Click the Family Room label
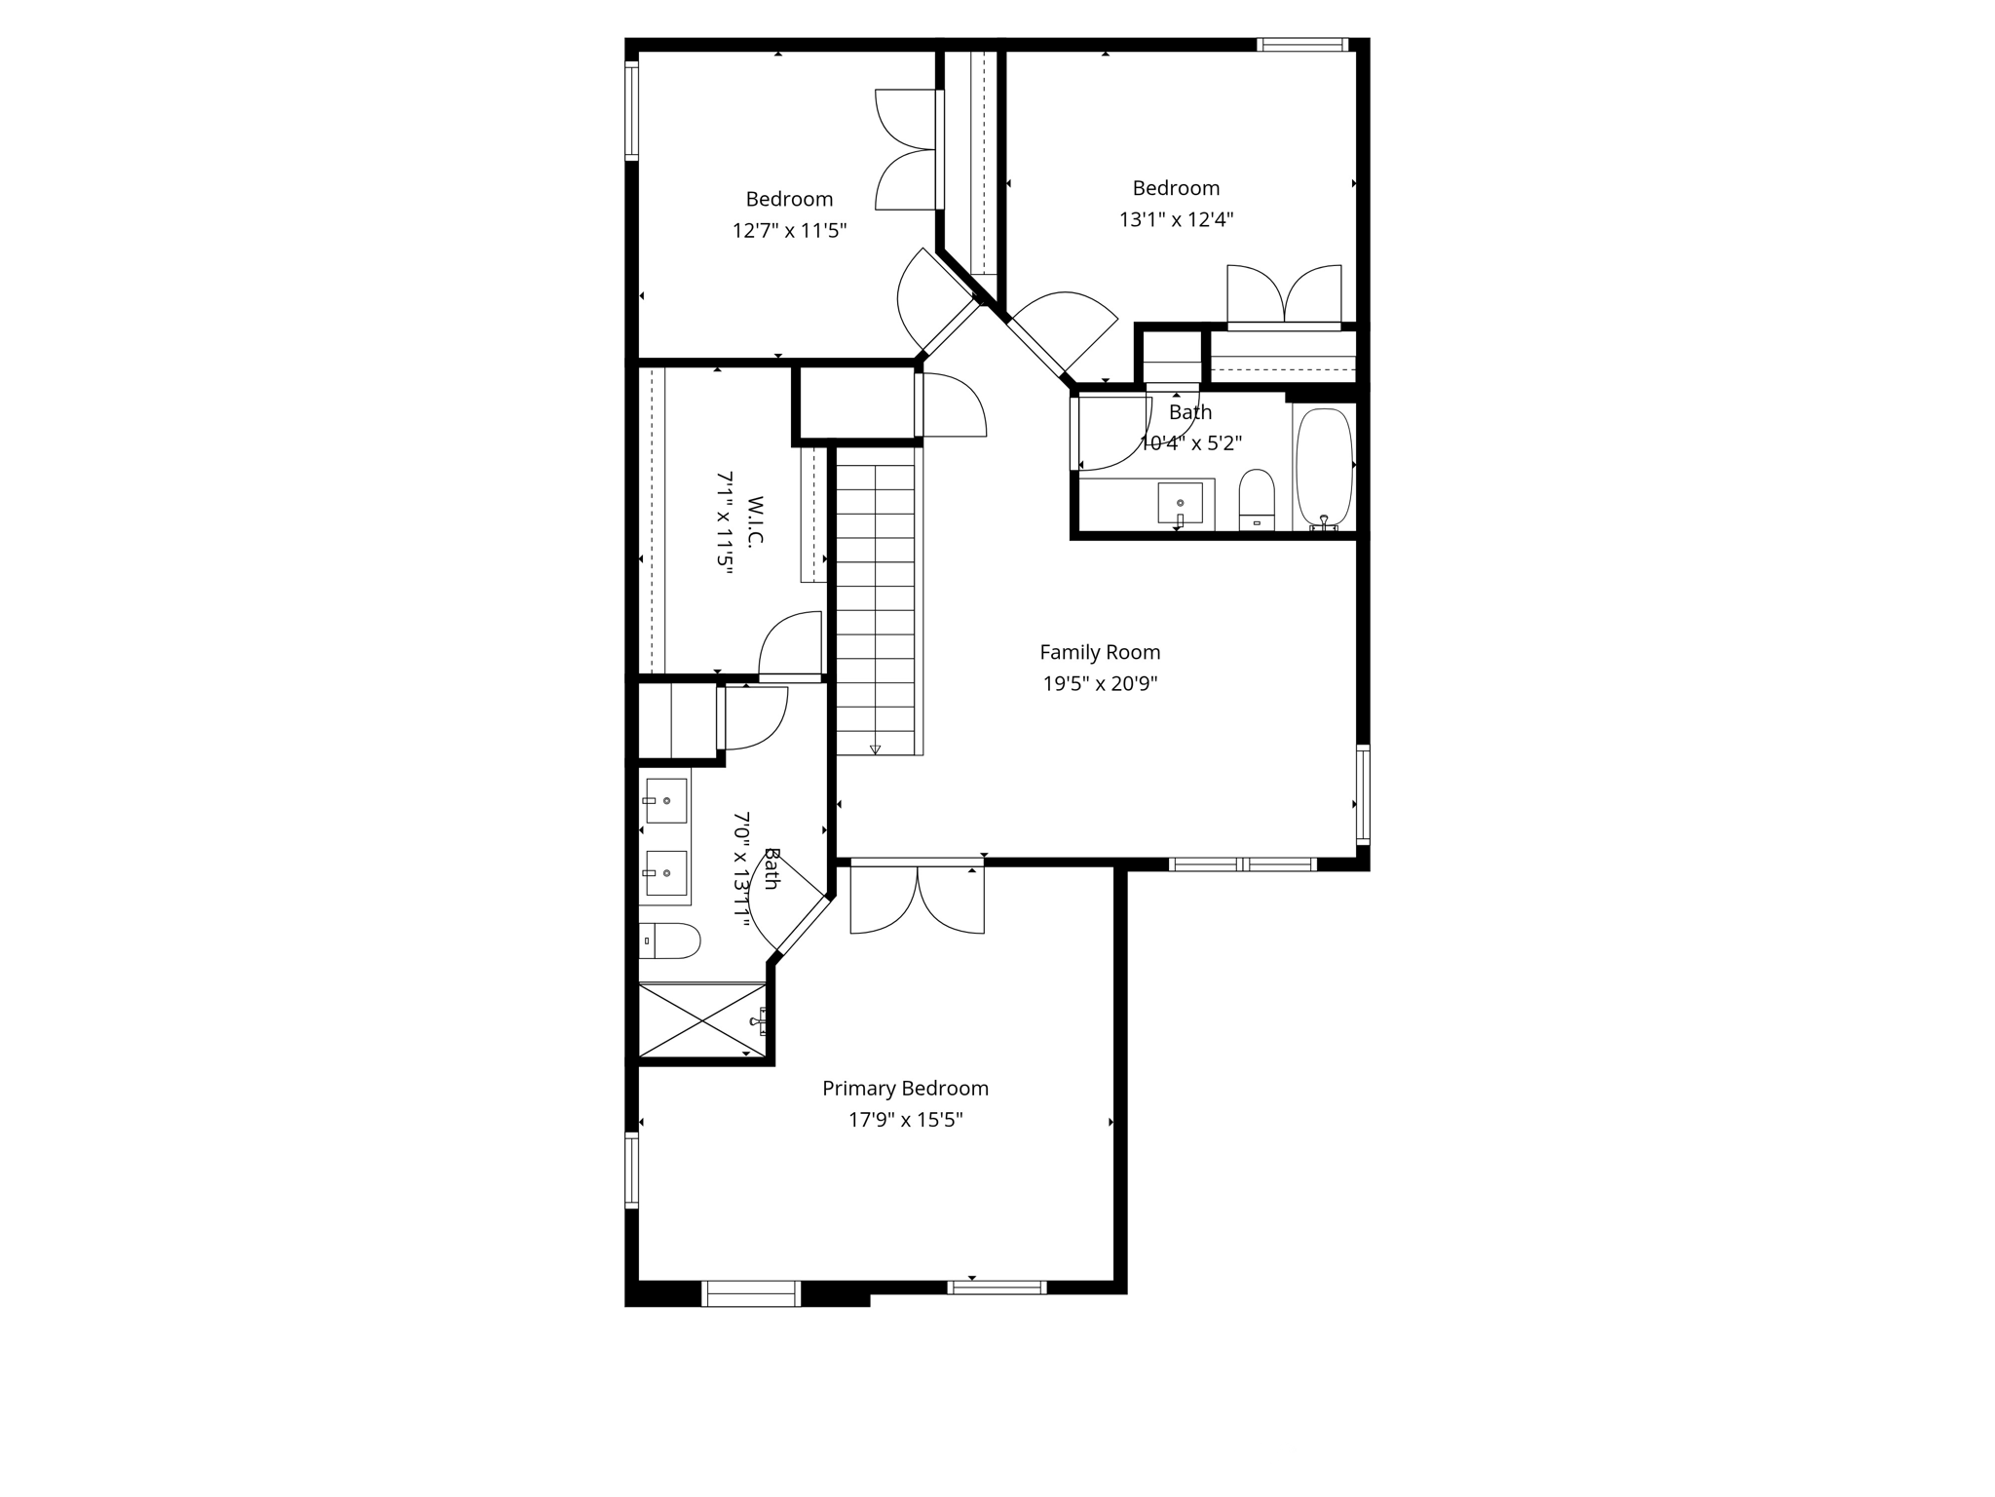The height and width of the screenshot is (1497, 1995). tap(1100, 652)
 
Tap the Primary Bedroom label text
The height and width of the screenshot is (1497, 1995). tap(905, 1089)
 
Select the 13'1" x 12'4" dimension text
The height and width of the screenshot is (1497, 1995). tap(1176, 220)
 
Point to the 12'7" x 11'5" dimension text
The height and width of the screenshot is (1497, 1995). tap(789, 231)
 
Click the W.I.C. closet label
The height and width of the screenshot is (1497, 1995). tap(756, 522)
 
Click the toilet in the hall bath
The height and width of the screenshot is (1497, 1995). tap(1257, 499)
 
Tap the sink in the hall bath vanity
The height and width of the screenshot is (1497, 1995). tap(1180, 503)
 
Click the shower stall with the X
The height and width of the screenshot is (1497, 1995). tap(701, 1019)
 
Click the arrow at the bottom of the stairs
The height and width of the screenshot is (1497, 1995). tap(875, 748)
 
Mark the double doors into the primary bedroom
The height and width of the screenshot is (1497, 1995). tap(917, 899)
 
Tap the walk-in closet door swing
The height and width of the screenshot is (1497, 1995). tap(790, 643)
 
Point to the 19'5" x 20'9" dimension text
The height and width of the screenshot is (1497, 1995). tap(1100, 684)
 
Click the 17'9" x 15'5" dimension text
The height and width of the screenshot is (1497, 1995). tap(905, 1121)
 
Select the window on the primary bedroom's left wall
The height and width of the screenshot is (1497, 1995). tap(631, 1171)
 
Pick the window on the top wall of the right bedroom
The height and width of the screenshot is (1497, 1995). tap(1301, 45)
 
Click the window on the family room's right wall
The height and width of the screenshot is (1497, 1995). tap(1363, 793)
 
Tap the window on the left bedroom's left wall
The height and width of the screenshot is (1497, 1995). tap(631, 109)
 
